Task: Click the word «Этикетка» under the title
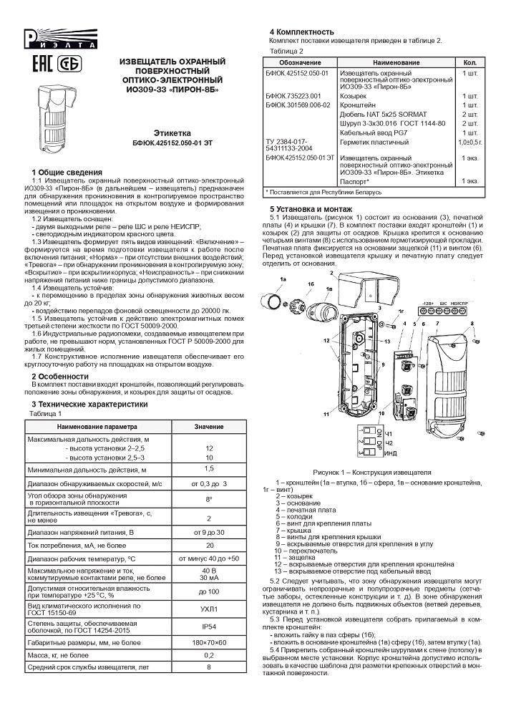click(x=172, y=133)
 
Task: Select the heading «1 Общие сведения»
click(x=67, y=173)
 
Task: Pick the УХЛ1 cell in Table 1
click(x=209, y=608)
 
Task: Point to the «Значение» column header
click(x=209, y=427)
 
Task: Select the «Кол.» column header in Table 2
click(x=470, y=63)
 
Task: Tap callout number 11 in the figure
click(x=326, y=414)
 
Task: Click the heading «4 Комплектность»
click(x=301, y=32)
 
